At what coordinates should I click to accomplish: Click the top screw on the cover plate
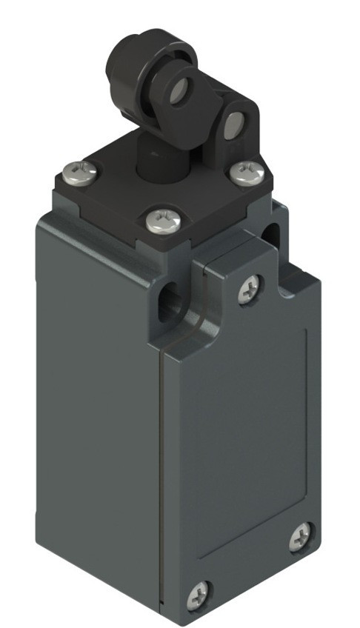coord(250,288)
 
